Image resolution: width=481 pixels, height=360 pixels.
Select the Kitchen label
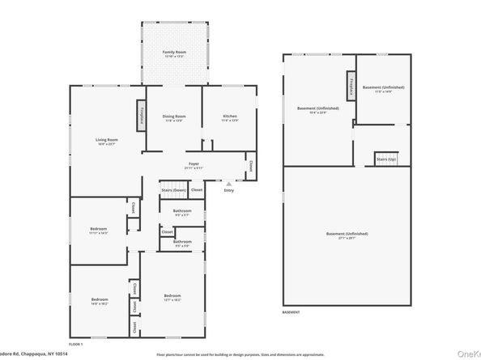231,116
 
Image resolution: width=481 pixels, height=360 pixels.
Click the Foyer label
194,163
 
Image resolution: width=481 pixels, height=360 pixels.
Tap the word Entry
229,190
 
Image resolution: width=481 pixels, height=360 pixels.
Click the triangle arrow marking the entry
229,184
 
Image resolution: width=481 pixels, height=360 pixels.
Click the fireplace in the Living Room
141,113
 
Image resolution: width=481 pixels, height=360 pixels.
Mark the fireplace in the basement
351,86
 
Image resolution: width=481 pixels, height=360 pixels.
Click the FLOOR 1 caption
75,345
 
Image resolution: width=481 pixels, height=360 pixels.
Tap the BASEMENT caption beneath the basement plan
291,312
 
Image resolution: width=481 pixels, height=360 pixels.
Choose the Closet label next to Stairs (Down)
197,190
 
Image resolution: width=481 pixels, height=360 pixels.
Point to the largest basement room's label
347,234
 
